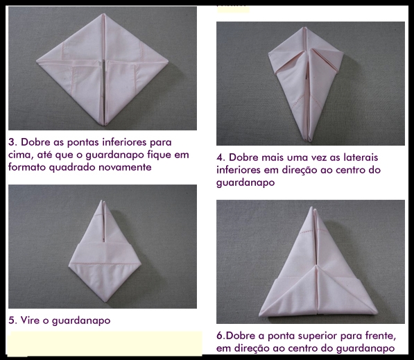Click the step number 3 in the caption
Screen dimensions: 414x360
click(11, 142)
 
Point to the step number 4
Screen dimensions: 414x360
click(220, 157)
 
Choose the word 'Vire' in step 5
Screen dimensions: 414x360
click(29, 320)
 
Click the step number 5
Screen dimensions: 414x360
click(11, 320)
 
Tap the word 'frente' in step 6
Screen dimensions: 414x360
click(381, 336)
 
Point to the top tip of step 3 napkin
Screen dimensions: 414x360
click(103, 14)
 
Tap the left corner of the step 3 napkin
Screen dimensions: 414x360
click(37, 61)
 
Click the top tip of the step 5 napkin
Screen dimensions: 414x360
click(103, 201)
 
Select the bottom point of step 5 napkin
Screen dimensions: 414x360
click(105, 301)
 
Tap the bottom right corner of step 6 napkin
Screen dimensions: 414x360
click(377, 313)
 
